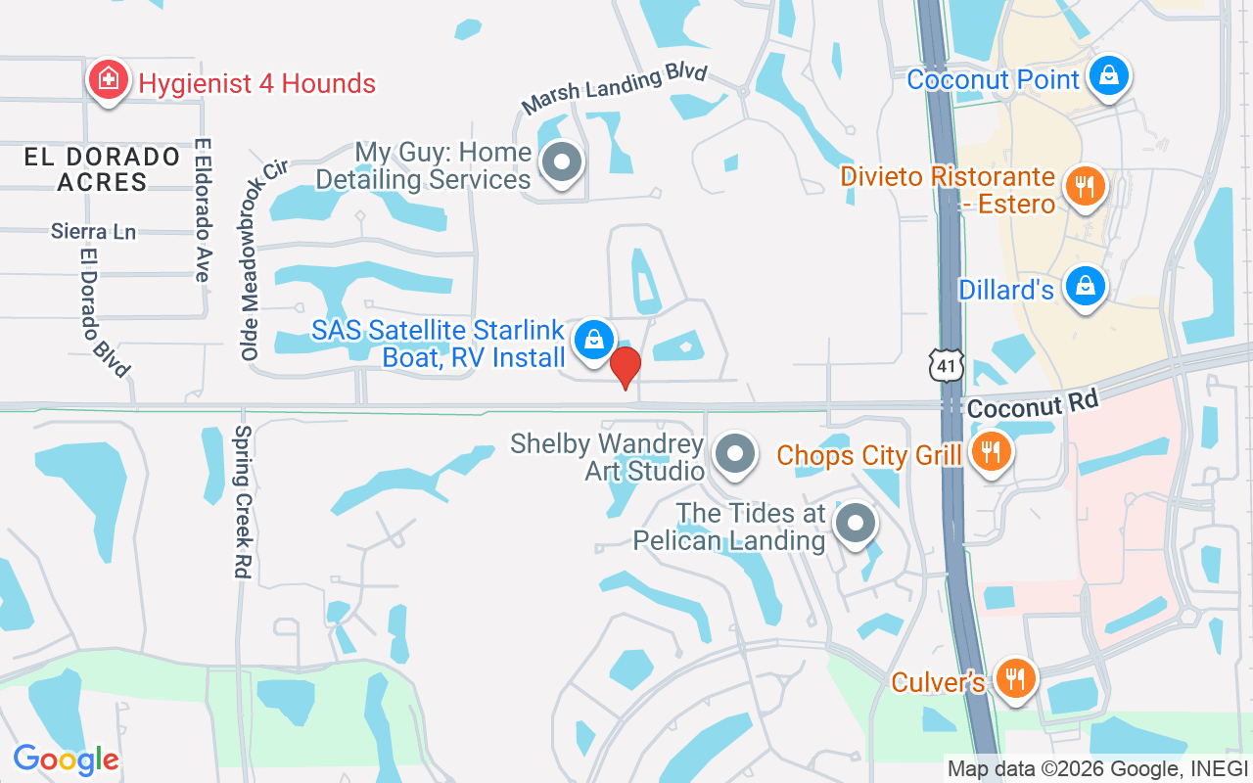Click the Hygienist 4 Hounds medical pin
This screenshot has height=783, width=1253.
[108, 81]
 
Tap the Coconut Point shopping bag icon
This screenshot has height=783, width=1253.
[1109, 75]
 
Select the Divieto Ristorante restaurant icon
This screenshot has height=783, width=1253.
[1084, 186]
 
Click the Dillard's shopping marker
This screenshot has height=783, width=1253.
[1086, 287]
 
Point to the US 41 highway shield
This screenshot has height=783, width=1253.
[949, 365]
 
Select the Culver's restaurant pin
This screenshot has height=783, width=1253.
[1015, 678]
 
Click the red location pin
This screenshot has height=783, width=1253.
[626, 368]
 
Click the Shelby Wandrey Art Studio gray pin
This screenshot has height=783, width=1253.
[734, 454]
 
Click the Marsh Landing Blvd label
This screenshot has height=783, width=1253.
[614, 90]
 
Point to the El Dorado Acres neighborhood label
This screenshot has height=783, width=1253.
[103, 169]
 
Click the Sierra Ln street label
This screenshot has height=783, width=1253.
[94, 232]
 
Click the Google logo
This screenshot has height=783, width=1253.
[66, 760]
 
